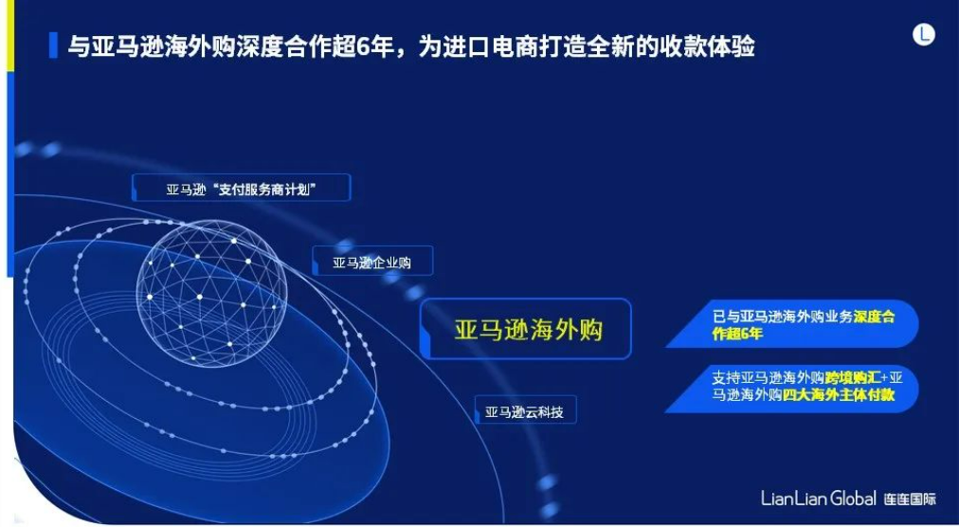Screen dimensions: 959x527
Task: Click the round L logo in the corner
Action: coord(924,34)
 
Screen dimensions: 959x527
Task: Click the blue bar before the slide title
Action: coord(53,45)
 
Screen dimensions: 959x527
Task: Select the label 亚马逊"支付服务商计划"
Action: coord(241,190)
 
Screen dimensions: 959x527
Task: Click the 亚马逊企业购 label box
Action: coord(372,262)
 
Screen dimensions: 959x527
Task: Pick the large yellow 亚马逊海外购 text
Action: coord(529,330)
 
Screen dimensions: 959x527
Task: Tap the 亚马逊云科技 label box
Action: coord(525,411)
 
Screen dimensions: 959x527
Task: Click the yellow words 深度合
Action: coord(874,318)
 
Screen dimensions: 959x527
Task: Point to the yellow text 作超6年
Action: coord(737,335)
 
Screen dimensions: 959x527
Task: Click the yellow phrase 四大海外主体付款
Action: coord(839,395)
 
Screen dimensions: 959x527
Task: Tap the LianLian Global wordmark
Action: coord(819,499)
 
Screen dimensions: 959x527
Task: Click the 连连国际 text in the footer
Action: coord(910,499)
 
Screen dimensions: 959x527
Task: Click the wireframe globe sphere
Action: coord(211,293)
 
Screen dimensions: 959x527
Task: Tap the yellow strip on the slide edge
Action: coord(9,35)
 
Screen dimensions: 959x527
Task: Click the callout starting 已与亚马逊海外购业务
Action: coord(792,324)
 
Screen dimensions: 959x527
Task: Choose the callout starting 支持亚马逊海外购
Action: coord(792,389)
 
